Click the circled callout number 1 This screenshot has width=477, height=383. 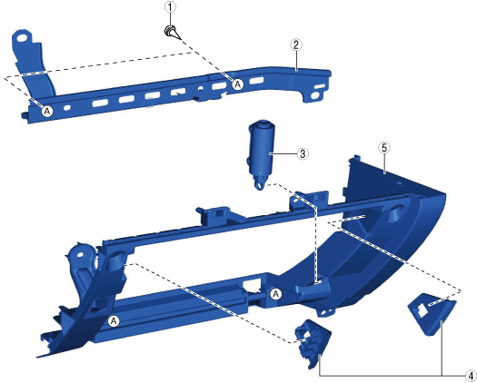[170, 7]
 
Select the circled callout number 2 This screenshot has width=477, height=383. [296, 45]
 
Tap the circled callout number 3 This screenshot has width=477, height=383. [303, 153]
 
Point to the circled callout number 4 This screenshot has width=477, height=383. [471, 375]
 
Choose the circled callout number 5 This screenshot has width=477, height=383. [384, 148]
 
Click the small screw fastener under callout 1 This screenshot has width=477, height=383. [172, 33]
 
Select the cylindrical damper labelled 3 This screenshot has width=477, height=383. [261, 155]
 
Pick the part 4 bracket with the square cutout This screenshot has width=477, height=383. [432, 314]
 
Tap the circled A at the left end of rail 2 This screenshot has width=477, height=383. [47, 112]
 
